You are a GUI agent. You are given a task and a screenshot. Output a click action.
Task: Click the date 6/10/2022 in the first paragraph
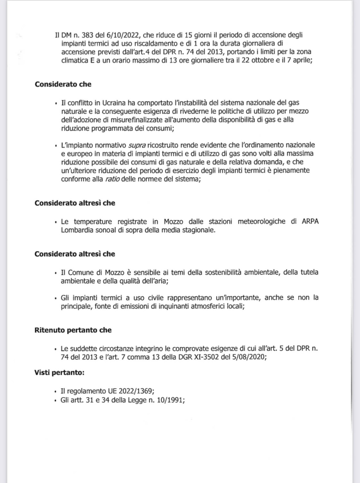[121, 35]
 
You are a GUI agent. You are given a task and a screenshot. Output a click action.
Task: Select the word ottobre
[263, 61]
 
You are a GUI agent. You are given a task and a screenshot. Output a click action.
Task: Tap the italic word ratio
[112, 179]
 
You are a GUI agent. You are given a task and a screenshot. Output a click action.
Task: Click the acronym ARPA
[310, 222]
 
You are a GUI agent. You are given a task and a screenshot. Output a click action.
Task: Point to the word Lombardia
[77, 230]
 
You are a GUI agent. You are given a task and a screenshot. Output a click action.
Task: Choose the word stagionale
[198, 230]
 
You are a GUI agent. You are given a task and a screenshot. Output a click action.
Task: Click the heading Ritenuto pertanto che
[73, 330]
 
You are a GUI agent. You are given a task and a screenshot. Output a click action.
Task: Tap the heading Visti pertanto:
[60, 373]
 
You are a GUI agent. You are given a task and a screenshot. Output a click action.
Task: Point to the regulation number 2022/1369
[136, 391]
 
